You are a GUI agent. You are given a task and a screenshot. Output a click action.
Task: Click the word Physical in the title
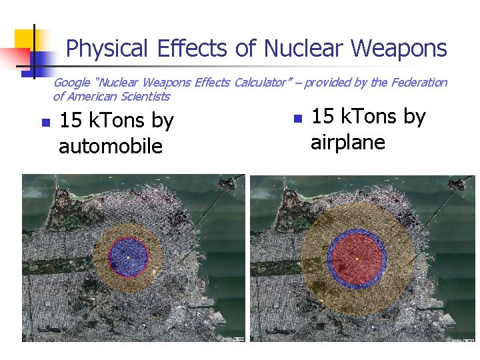click(x=107, y=49)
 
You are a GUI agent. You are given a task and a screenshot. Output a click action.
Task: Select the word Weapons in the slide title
click(x=399, y=49)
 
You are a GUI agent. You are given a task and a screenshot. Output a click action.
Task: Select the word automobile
click(x=111, y=146)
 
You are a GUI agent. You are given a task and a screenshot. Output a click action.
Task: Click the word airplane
click(x=348, y=142)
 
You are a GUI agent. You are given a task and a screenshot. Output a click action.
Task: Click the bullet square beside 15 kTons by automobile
click(x=45, y=123)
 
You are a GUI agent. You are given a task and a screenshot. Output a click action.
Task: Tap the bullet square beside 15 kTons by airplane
click(x=297, y=119)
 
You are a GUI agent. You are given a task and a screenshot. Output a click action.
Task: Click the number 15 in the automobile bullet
click(x=71, y=121)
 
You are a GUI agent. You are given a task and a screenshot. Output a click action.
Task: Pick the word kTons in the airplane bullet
click(x=369, y=117)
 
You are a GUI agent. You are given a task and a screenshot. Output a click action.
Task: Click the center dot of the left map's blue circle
click(x=128, y=256)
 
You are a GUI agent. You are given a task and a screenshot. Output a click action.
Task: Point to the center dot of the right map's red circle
click(x=357, y=258)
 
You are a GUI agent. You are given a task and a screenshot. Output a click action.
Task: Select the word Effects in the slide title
click(x=193, y=49)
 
